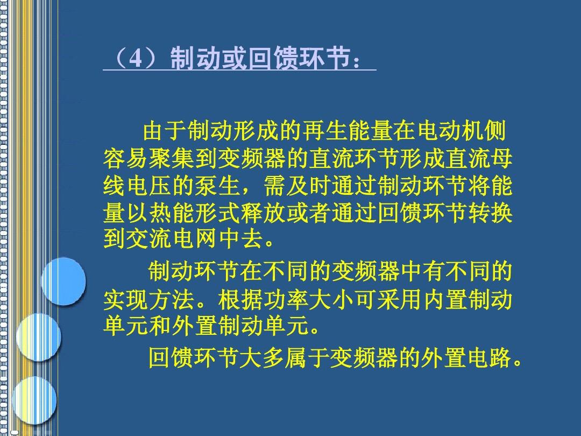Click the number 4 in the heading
pyautogui.click(x=136, y=58)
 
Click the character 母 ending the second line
pyautogui.click(x=501, y=158)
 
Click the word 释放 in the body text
pyautogui.click(x=263, y=213)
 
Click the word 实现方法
pyautogui.click(x=148, y=299)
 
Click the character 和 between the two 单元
pyautogui.click(x=160, y=326)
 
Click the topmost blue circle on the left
pyautogui.click(x=63, y=282)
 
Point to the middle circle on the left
pyautogui.click(x=39, y=337)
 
